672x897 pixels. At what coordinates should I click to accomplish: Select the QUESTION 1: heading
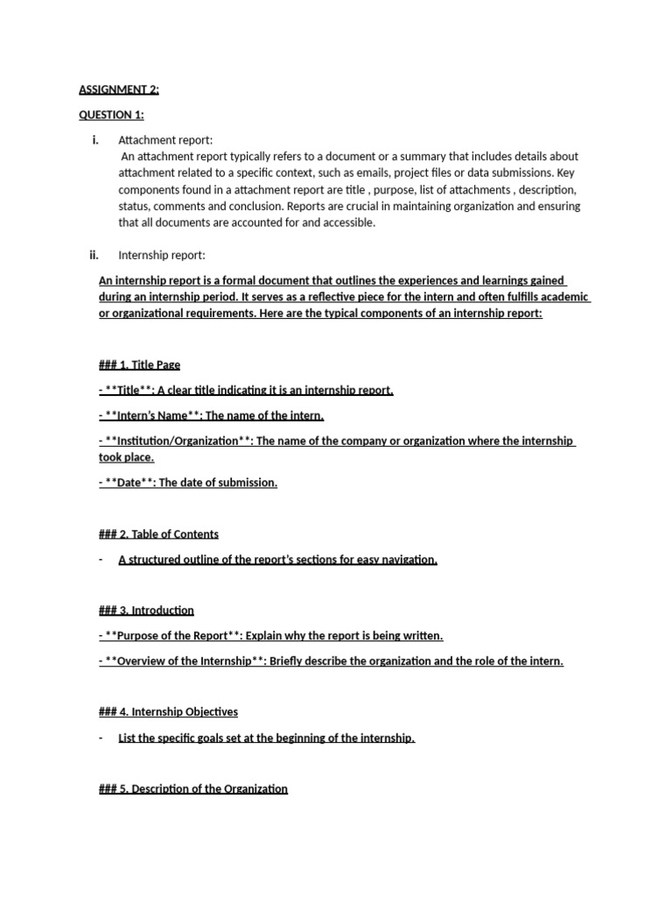111,115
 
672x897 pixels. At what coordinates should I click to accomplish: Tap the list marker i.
94,140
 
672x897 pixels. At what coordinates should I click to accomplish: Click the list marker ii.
94,256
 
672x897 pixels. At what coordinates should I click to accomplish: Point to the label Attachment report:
165,140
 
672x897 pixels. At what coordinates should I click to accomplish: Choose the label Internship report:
162,256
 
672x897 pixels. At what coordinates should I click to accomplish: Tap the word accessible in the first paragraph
345,222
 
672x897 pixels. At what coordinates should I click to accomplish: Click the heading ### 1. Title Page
140,365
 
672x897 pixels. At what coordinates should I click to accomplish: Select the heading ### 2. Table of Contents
158,534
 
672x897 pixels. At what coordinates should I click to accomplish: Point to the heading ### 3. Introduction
146,611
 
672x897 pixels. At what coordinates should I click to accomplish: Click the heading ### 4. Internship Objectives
168,712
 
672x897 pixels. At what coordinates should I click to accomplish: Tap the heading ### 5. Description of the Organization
193,788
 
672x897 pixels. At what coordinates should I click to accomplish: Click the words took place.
126,457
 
